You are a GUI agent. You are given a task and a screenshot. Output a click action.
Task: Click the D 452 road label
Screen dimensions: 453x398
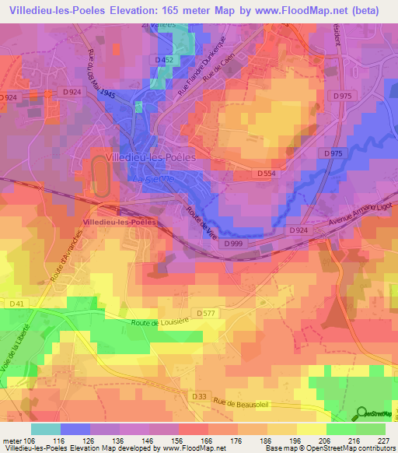164,59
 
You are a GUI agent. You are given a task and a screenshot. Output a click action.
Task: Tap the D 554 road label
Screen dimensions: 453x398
266,173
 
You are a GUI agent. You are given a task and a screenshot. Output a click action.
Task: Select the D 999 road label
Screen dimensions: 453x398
234,244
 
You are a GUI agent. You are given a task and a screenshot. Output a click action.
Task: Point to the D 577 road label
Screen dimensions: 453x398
205,312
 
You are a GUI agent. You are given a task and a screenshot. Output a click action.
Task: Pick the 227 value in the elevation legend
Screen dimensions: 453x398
382,441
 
